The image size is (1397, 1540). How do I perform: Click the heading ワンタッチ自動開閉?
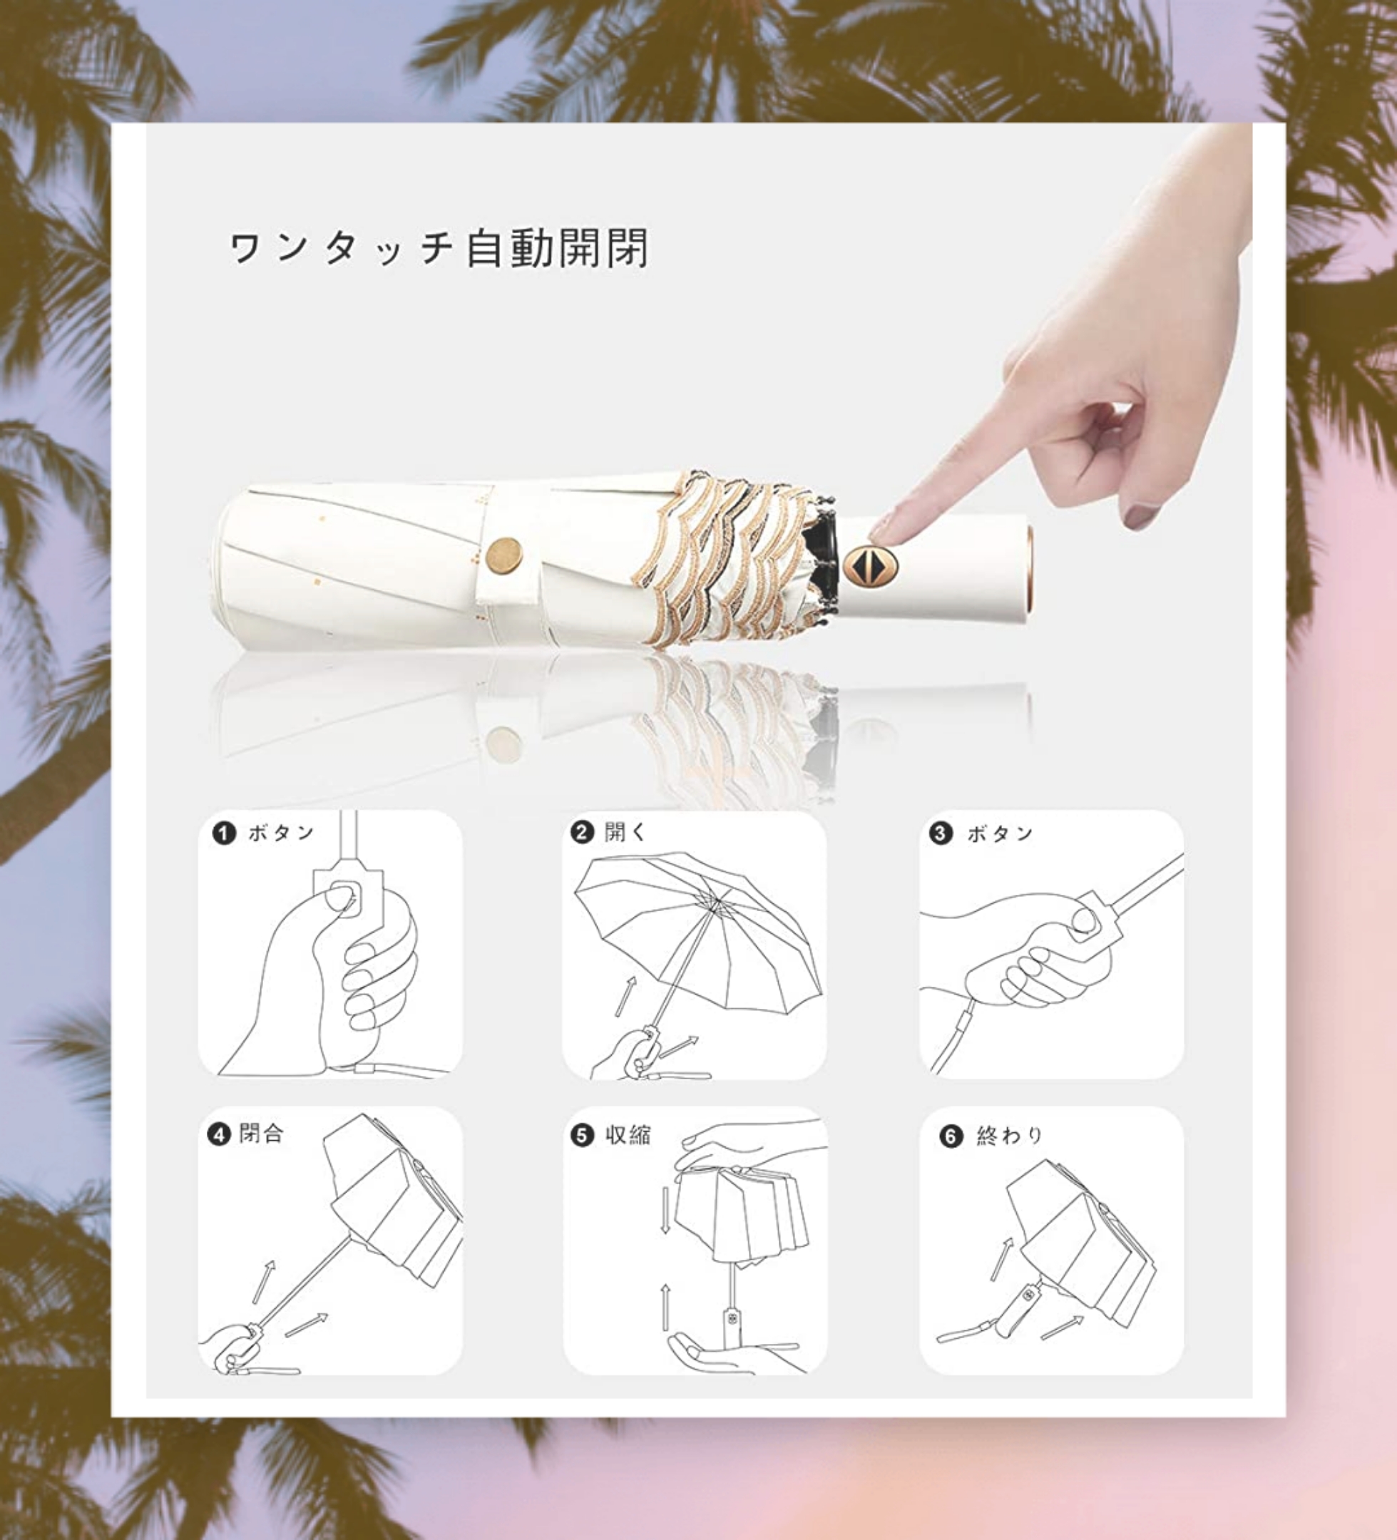point(439,248)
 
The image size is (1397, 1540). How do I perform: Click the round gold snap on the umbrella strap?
point(504,555)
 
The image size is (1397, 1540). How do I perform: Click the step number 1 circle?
point(224,833)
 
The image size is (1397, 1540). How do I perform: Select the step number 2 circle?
point(583,832)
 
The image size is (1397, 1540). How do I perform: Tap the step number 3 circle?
point(941,833)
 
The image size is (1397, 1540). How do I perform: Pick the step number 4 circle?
point(220,1134)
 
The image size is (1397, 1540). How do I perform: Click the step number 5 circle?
point(583,1135)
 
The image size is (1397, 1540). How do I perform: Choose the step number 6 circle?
point(951,1136)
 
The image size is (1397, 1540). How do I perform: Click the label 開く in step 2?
point(625,832)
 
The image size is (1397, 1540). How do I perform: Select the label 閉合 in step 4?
point(262,1133)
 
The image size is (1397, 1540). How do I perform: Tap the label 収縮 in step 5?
point(628,1135)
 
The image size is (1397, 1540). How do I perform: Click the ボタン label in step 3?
point(1001,833)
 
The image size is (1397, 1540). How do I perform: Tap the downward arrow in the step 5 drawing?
point(665,1210)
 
